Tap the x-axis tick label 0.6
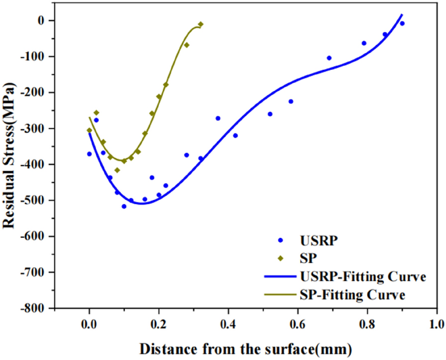[298, 323]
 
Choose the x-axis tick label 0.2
[159, 323]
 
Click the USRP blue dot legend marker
[281, 240]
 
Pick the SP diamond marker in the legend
[281, 258]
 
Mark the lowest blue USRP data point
[124, 206]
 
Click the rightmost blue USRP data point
[402, 23]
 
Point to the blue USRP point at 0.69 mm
[329, 58]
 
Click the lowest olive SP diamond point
[117, 170]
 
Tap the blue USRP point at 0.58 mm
[291, 101]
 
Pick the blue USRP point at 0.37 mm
[218, 118]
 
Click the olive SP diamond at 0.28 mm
[187, 45]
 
